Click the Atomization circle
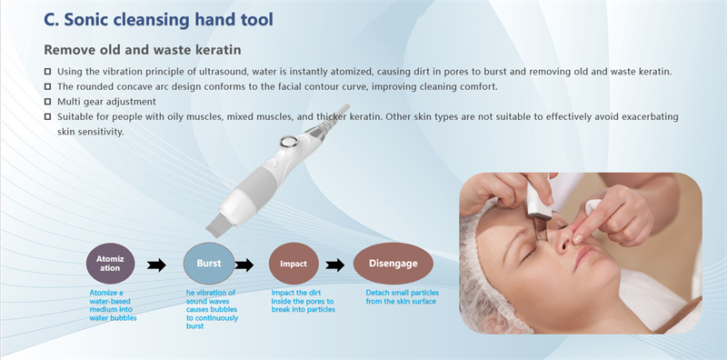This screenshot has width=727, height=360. (109, 265)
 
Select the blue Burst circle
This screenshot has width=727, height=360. (208, 264)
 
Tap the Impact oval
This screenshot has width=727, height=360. (294, 265)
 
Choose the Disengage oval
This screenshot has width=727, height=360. (393, 265)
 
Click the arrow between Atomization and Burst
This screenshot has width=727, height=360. (156, 265)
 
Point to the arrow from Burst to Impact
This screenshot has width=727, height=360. (244, 265)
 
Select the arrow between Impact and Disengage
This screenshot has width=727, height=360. (335, 265)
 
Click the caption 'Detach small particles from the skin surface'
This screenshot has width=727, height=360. (400, 297)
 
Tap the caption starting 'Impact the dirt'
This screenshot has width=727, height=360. (304, 301)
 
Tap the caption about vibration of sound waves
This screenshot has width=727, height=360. (211, 309)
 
